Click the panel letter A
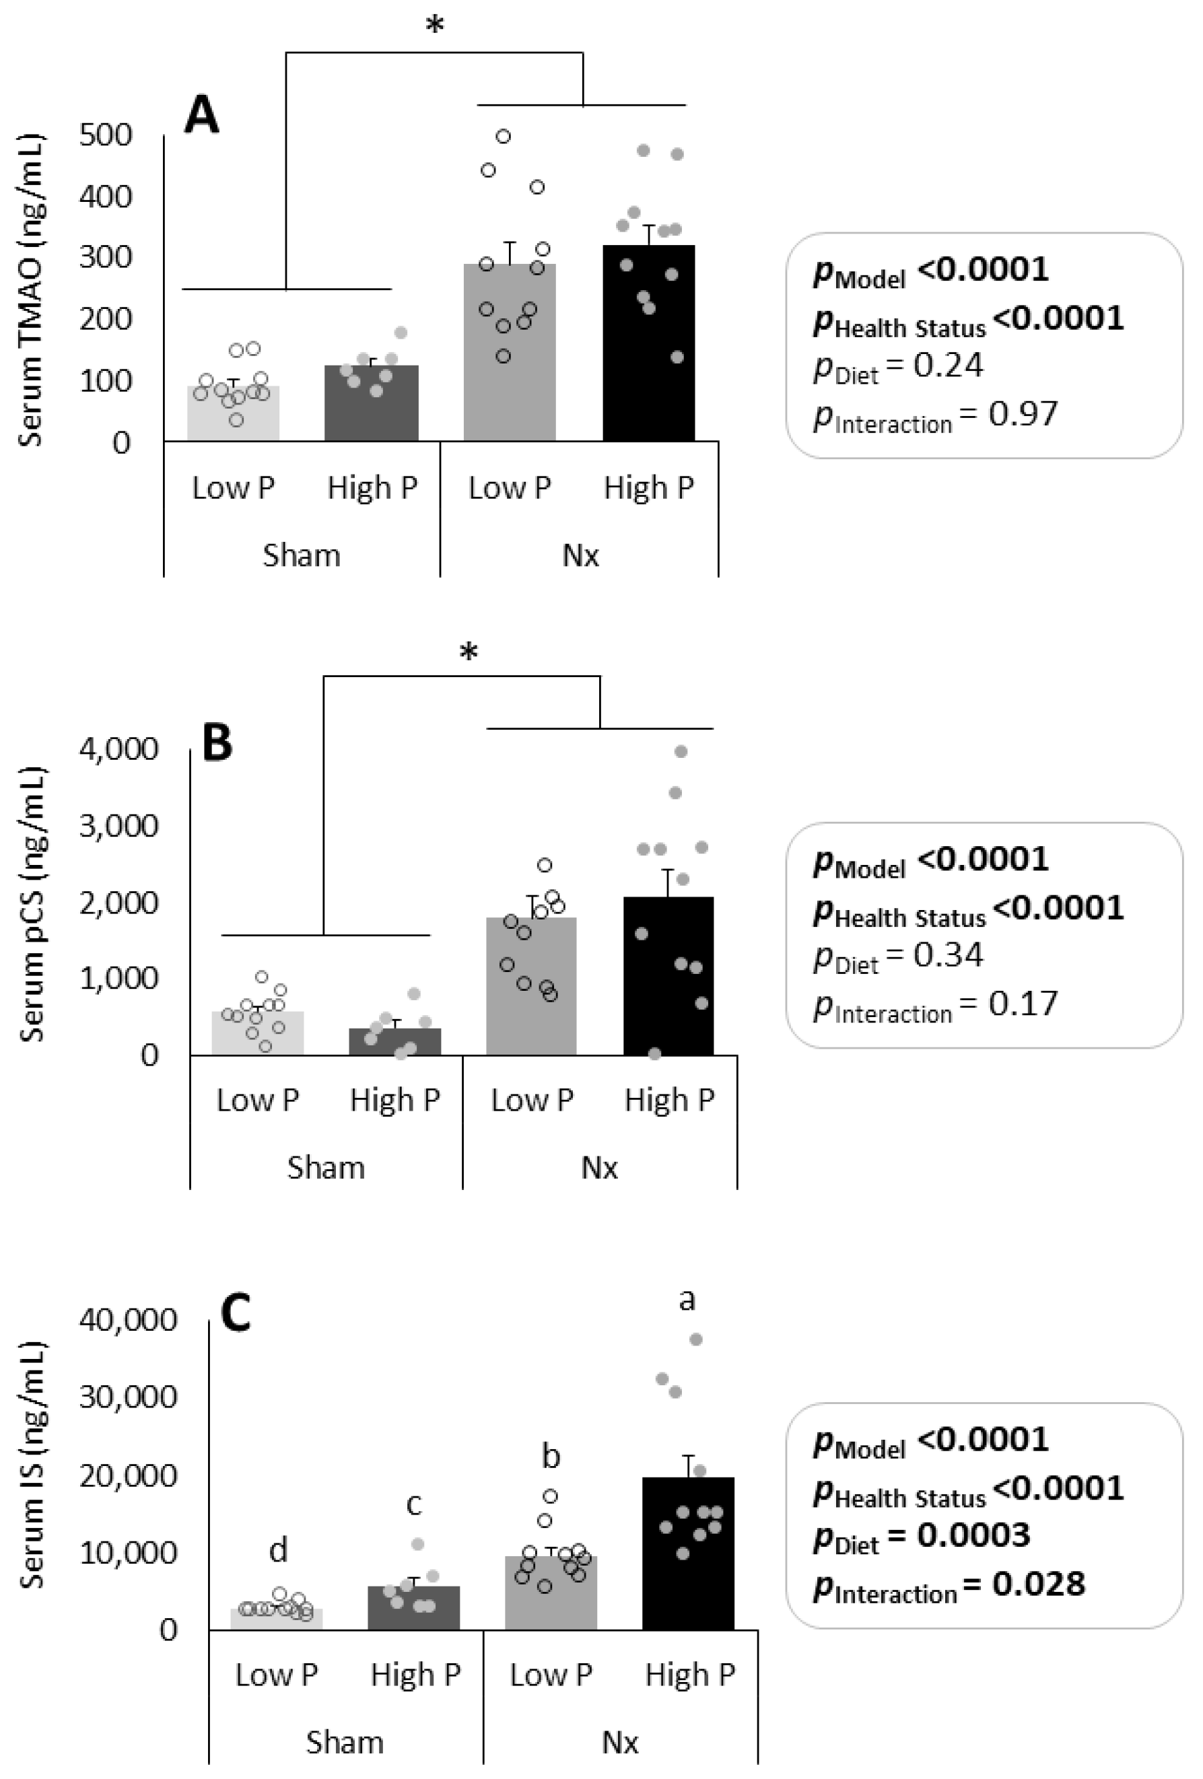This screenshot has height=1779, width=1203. (x=201, y=116)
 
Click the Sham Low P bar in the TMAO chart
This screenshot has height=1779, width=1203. (x=233, y=417)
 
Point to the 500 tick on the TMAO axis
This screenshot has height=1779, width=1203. (x=106, y=135)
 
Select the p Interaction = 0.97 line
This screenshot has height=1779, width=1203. (x=934, y=415)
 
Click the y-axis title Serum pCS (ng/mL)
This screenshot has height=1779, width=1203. (x=32, y=903)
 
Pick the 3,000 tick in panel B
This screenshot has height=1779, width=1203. (x=118, y=826)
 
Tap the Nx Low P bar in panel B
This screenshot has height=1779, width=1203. (x=531, y=995)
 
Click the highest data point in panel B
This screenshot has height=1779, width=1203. (x=680, y=752)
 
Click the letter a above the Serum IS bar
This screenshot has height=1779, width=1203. (x=687, y=1298)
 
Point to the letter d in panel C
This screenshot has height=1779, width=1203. (x=278, y=1549)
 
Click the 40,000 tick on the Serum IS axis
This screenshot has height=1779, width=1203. (x=128, y=1320)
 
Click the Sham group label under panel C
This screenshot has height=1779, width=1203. (x=345, y=1742)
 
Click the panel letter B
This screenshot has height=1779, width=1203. (x=217, y=743)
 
